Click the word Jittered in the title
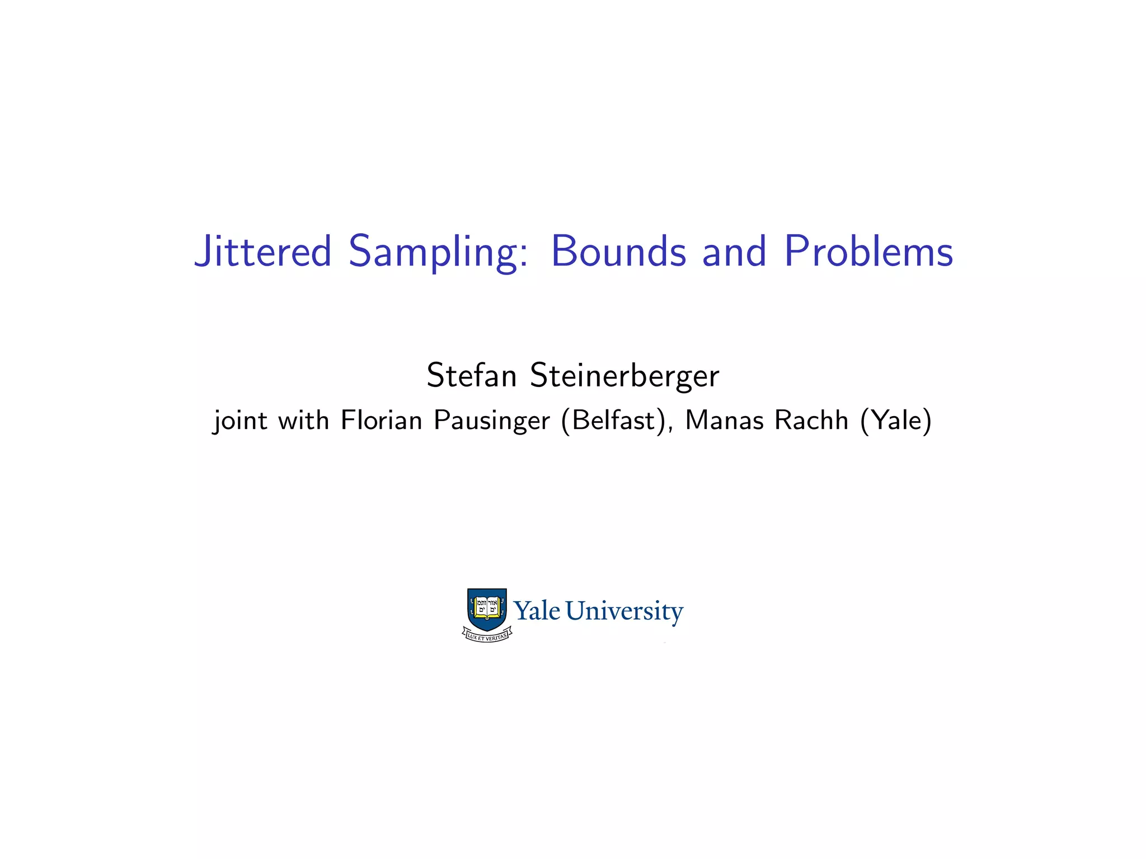pos(263,252)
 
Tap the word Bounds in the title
pos(618,252)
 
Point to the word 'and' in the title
pos(734,252)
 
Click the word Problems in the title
pos(868,252)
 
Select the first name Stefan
pos(471,375)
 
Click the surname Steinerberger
pos(624,376)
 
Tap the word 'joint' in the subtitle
pos(240,421)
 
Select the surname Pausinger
pos(492,421)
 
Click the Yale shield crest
pos(487,610)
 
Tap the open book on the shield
pos(487,607)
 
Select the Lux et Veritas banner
pos(487,636)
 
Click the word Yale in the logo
pos(537,611)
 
